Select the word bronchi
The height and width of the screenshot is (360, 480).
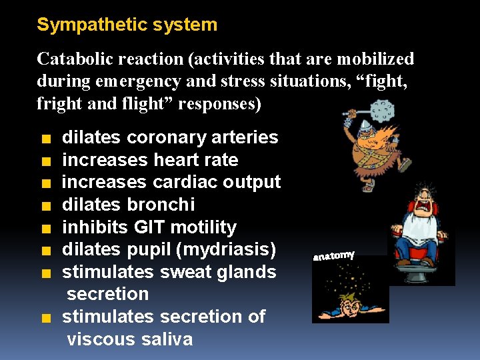click(165, 205)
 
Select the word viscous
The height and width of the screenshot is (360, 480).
click(102, 339)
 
